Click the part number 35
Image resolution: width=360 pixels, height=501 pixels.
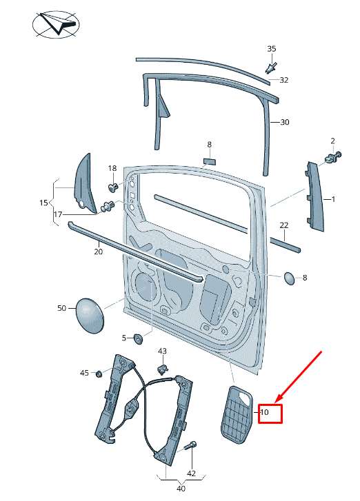pos(272,48)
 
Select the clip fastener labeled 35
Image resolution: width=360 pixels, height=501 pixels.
pos(271,68)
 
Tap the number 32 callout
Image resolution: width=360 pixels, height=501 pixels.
pos(284,80)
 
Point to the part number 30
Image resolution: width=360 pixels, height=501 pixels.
pos(285,123)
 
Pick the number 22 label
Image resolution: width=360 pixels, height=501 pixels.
pos(283,225)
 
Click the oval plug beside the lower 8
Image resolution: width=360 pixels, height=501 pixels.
pos(290,278)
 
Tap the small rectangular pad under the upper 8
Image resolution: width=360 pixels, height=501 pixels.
pos(209,160)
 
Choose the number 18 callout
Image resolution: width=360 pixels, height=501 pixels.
pos(112,169)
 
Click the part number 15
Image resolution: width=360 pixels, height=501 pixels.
pos(43,203)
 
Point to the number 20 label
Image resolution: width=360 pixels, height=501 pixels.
pos(98,252)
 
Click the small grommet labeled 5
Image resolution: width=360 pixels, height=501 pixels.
pos(137,338)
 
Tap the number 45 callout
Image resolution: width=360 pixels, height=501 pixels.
pos(84,373)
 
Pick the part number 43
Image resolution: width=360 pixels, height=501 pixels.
pos(163,351)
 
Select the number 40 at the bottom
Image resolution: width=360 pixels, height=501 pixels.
pos(181,489)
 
